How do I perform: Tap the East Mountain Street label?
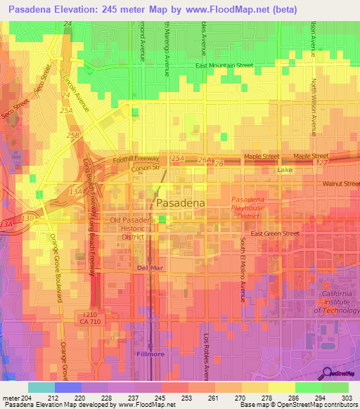coord(224,65)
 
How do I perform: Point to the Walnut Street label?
coord(341,183)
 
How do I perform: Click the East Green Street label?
coord(275,233)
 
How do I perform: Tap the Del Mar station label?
coord(148,268)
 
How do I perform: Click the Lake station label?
coord(284,171)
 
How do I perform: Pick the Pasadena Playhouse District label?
coord(248,207)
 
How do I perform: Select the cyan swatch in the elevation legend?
coord(41,387)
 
